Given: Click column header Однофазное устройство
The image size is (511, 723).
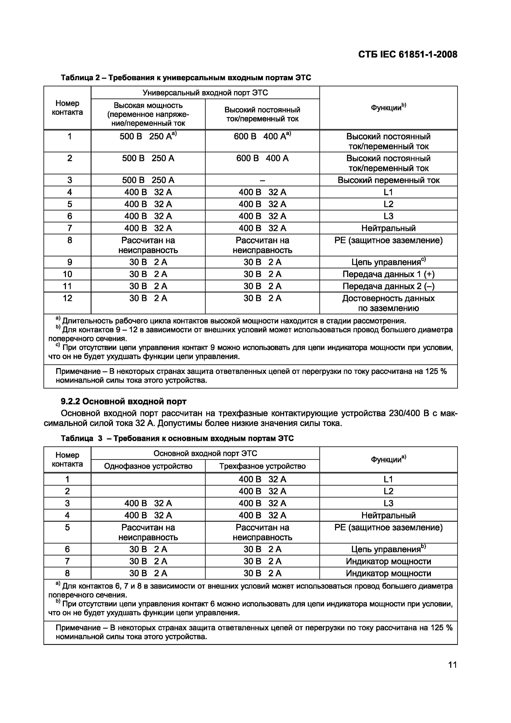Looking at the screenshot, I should pyautogui.click(x=148, y=466).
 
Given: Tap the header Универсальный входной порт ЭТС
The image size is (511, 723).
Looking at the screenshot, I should pyautogui.click(x=205, y=93).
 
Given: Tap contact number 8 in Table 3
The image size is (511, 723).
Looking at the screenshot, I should pyautogui.click(x=67, y=573).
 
